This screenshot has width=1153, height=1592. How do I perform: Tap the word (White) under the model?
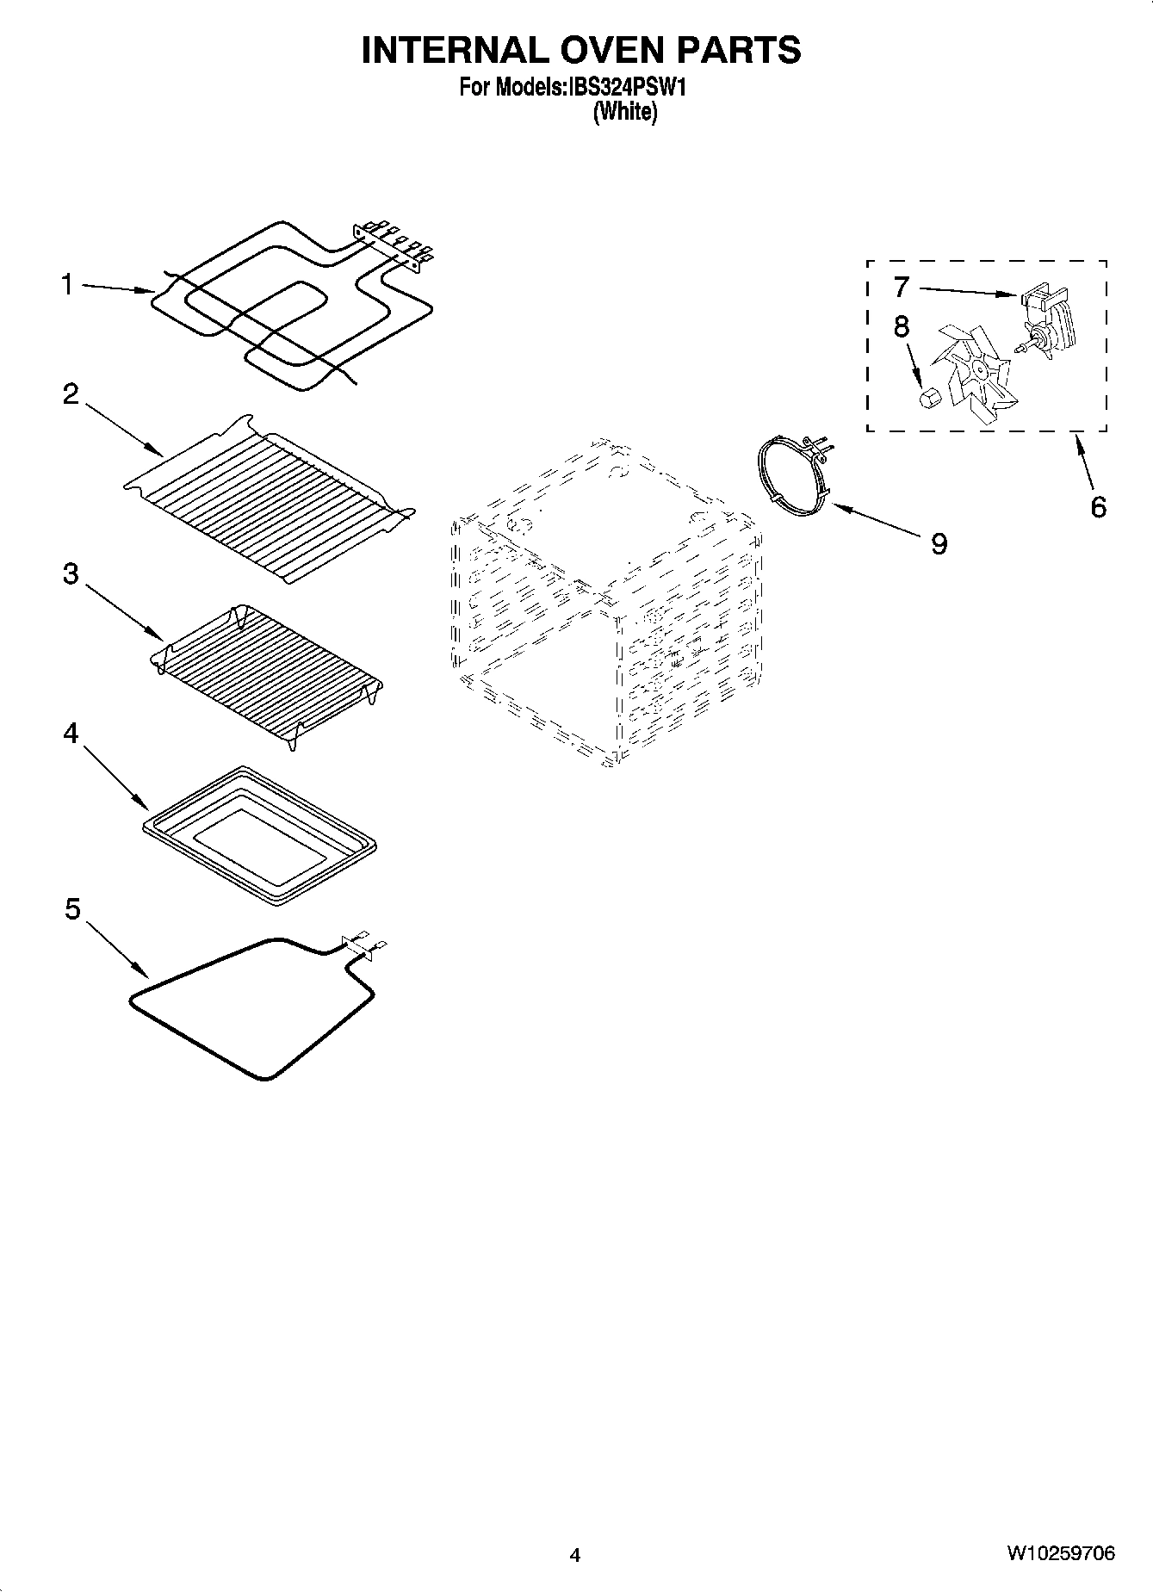point(625,112)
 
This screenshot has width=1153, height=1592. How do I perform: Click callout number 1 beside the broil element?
point(67,284)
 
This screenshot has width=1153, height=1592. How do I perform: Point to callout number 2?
point(71,394)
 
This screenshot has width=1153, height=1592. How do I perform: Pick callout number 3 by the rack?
point(71,574)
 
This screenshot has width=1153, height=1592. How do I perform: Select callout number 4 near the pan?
point(71,734)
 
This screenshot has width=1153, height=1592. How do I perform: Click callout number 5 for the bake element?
point(72,908)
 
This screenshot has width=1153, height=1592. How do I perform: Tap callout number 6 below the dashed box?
point(1098,507)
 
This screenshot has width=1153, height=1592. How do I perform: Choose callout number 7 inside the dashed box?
point(901,286)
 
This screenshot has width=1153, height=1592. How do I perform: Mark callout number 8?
point(901,326)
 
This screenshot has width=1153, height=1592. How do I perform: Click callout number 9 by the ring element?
point(939,543)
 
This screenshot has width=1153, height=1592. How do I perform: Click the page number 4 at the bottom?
point(575,1554)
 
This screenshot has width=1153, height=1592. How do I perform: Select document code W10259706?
point(1060,1553)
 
